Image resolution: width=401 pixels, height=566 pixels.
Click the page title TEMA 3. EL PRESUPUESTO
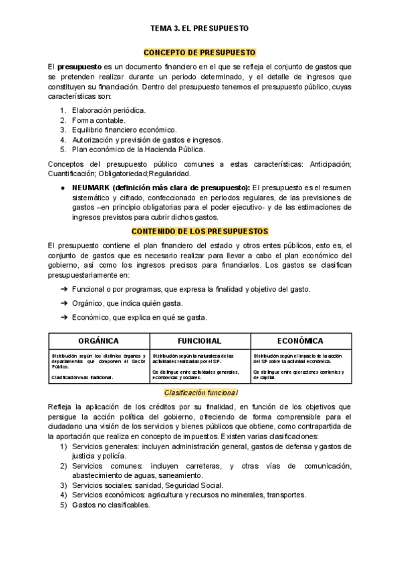pos(200,29)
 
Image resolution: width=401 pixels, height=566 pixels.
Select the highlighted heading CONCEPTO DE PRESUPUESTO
pos(200,52)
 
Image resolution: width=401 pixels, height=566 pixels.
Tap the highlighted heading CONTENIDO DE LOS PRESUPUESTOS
pos(200,231)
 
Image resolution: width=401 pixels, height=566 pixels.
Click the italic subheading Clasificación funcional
pos(200,392)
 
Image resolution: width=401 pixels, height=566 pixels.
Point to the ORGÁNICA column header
pos(99,340)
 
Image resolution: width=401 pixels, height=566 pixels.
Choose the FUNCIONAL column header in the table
pos(200,340)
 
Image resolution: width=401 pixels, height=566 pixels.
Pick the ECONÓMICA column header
pos(300,340)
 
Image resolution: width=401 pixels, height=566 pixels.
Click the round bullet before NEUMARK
pos(63,188)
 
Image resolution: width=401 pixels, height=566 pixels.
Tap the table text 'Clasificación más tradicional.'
pos(82,377)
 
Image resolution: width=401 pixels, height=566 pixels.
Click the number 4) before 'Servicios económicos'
pos(63,495)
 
